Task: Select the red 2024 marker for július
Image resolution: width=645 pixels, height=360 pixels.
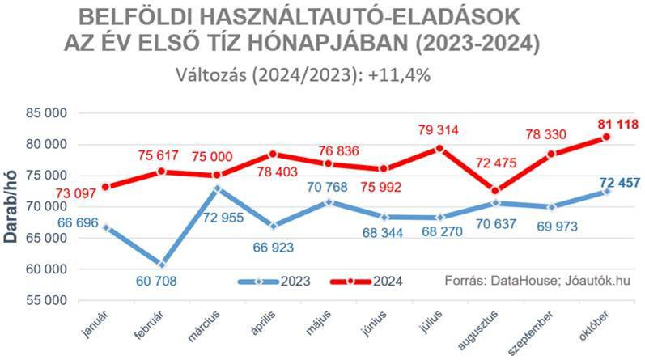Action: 439,148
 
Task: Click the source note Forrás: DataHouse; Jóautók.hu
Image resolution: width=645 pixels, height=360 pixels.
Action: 537,282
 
